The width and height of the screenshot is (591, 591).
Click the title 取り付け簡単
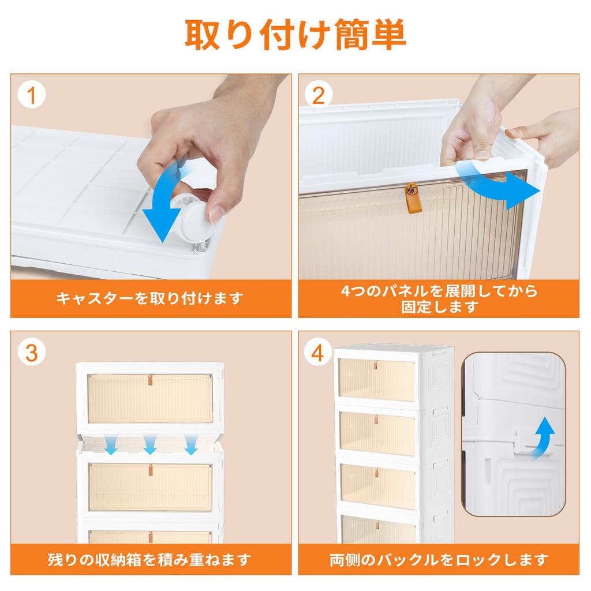(x=295, y=35)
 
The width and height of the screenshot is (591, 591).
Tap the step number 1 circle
(x=32, y=95)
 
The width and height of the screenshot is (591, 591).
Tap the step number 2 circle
(x=318, y=95)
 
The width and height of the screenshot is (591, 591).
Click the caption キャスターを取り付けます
(x=150, y=298)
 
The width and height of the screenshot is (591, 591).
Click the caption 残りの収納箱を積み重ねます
(x=150, y=559)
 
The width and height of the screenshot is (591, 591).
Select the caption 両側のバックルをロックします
(x=439, y=559)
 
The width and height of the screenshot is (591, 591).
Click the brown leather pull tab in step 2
(x=412, y=193)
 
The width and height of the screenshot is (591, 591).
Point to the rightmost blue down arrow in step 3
(x=190, y=444)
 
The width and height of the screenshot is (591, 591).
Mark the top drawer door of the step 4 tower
(x=376, y=380)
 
